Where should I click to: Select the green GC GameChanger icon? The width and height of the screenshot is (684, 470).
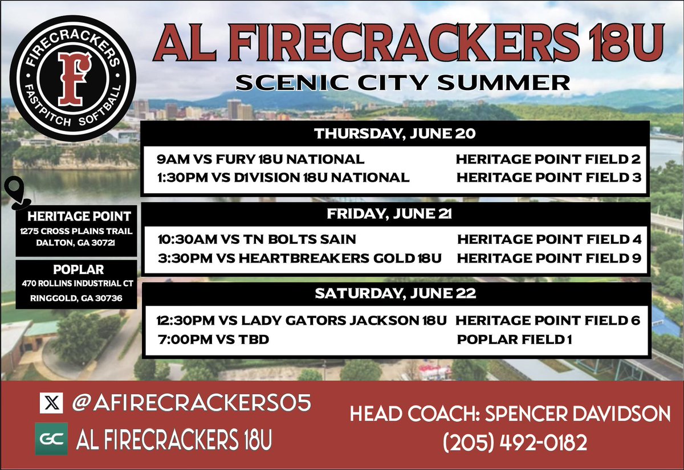[x=51, y=439]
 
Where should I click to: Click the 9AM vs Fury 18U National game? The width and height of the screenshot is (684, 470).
[x=261, y=159]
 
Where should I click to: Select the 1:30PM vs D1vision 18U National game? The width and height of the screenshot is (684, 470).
[x=283, y=178]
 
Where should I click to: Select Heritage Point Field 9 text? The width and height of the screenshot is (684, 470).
[x=549, y=258]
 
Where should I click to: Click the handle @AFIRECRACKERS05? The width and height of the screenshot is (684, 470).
[x=191, y=403]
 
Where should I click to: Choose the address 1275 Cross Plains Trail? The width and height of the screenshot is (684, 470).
[x=76, y=231]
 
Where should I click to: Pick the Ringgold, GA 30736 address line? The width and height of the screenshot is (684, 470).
[x=76, y=297]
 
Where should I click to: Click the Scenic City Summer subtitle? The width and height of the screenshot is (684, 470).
[x=403, y=83]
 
